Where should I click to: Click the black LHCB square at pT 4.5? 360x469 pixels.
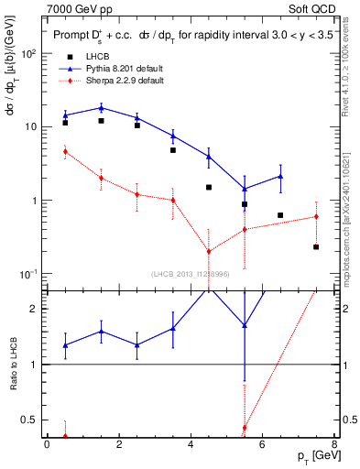pyautogui.click(x=209, y=187)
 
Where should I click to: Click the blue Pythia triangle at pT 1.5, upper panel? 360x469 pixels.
pyautogui.click(x=101, y=107)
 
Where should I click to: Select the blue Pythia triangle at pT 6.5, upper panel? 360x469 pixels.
pyautogui.click(x=280, y=176)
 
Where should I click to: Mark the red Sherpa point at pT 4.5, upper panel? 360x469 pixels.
pyautogui.click(x=209, y=251)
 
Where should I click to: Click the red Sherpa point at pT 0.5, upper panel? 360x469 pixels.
pyautogui.click(x=65, y=151)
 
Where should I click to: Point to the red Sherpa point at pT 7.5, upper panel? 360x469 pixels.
pyautogui.click(x=316, y=217)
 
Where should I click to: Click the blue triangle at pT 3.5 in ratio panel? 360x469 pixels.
pyautogui.click(x=173, y=327)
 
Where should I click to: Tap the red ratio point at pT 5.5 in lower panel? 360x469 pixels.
pyautogui.click(x=245, y=428)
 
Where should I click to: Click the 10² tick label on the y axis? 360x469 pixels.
pyautogui.click(x=29, y=53)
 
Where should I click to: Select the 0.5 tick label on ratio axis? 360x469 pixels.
pyautogui.click(x=29, y=420)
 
